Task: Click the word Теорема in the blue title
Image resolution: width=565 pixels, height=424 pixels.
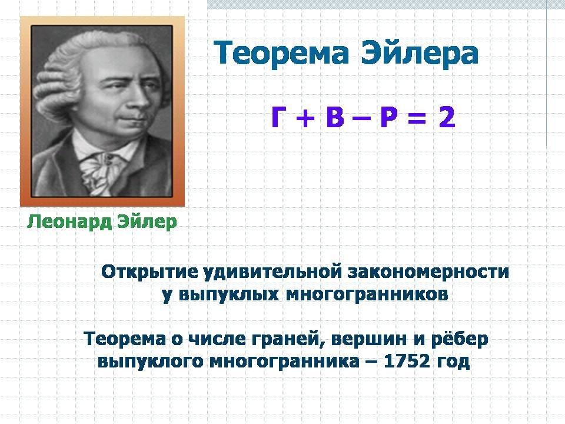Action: pyautogui.click(x=281, y=54)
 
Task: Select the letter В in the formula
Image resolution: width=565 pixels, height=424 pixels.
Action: pyautogui.click(x=335, y=118)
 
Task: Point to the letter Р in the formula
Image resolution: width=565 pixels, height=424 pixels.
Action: pyautogui.click(x=389, y=118)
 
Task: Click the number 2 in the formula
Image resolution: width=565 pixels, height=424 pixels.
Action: pyautogui.click(x=447, y=118)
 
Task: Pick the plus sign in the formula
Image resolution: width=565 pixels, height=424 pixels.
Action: pyautogui.click(x=306, y=118)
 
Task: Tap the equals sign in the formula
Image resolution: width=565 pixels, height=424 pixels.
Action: pyautogui.click(x=417, y=118)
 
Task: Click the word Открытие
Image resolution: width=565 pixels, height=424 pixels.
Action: pyautogui.click(x=149, y=272)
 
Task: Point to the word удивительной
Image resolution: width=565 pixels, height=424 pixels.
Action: pyautogui.click(x=272, y=272)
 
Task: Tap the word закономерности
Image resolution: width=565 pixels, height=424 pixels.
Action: pyautogui.click(x=428, y=272)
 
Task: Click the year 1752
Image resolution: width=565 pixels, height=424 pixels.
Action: pyautogui.click(x=407, y=360)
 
